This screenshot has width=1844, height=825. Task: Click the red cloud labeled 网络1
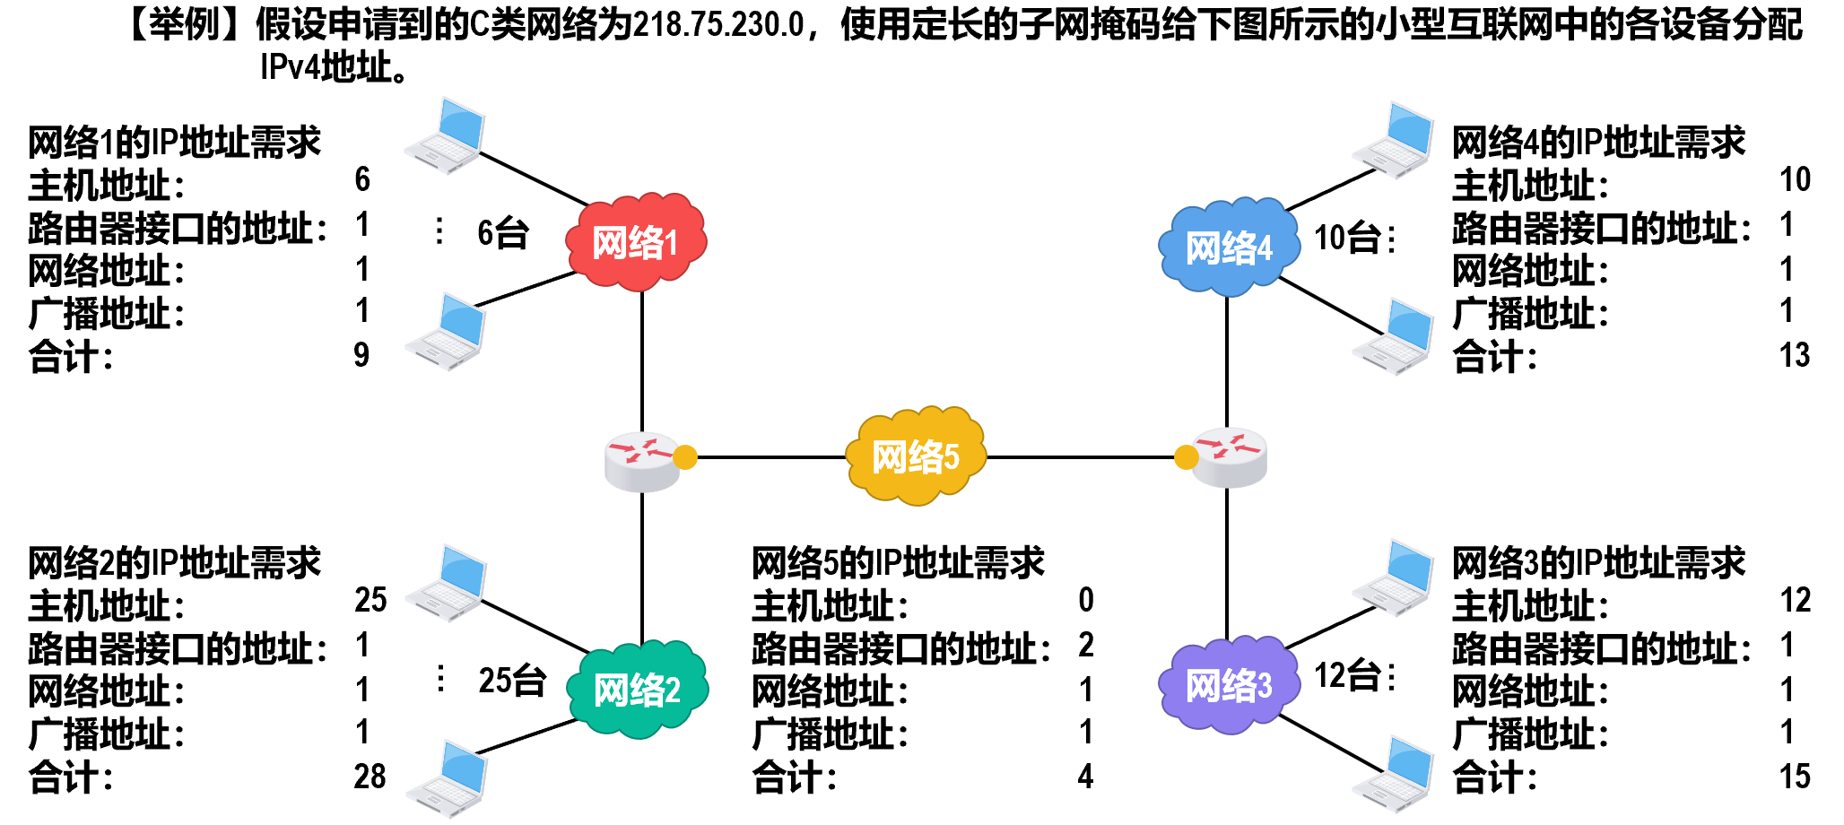pyautogui.click(x=636, y=242)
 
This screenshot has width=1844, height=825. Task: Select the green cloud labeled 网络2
pyautogui.click(x=638, y=689)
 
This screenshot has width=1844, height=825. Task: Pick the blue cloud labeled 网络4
pyautogui.click(x=1229, y=247)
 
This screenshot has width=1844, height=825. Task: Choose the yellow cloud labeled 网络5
pyautogui.click(x=916, y=456)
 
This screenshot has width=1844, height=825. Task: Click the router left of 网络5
pyautogui.click(x=640, y=461)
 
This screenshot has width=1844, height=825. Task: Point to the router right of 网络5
pyautogui.click(x=1230, y=457)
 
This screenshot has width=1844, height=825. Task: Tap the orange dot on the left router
pyautogui.click(x=684, y=457)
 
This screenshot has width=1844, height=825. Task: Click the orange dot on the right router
pyautogui.click(x=1186, y=457)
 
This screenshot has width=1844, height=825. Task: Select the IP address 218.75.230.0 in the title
pyautogui.click(x=718, y=25)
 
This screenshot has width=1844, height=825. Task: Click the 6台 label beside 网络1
pyautogui.click(x=502, y=233)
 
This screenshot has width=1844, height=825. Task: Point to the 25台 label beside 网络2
pyautogui.click(x=511, y=680)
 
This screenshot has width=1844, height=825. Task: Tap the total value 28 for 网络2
pyautogui.click(x=370, y=777)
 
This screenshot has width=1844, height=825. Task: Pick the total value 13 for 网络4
pyautogui.click(x=1795, y=355)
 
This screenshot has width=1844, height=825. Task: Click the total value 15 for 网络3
pyautogui.click(x=1795, y=777)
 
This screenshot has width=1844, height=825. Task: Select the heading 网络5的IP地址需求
pyautogui.click(x=898, y=563)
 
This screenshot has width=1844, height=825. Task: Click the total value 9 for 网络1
pyautogui.click(x=361, y=355)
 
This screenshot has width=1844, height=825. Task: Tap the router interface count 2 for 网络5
pyautogui.click(x=1085, y=645)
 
